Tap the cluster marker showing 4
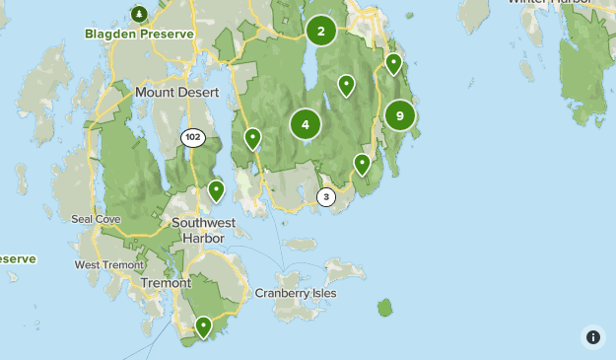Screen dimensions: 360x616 306,124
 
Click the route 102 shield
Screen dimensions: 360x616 193,137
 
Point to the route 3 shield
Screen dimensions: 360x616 326,197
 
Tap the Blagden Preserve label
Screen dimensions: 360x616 139,33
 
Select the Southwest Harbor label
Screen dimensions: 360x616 198,230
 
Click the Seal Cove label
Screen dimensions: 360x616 96,218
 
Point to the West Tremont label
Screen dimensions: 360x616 108,264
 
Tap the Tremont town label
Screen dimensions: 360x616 165,282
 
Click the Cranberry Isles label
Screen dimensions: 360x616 296,293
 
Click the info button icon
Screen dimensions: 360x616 592,336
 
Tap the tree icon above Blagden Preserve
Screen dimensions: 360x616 139,14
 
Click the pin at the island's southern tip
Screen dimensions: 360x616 204,325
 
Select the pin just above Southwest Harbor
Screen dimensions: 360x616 217,189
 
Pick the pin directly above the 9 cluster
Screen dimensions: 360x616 394,64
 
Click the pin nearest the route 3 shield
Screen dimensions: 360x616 362,164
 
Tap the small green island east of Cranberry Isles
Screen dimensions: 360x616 384,308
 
